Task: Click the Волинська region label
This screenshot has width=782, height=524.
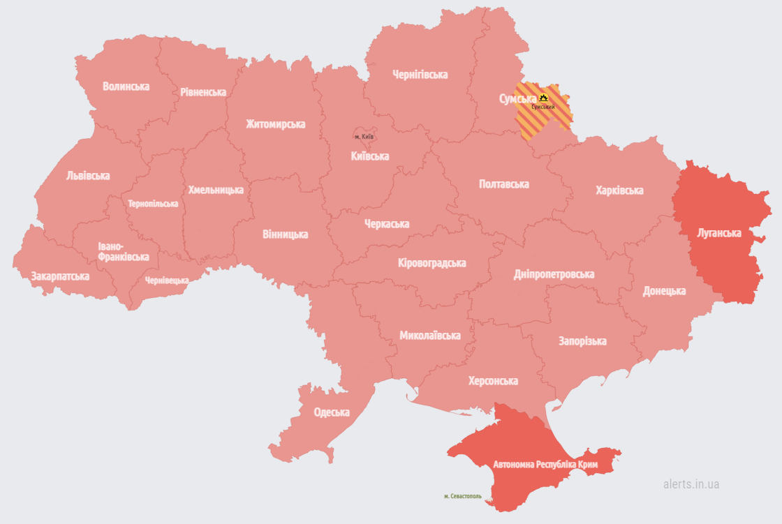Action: pyautogui.click(x=126, y=87)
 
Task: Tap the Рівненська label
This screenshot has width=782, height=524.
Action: pyautogui.click(x=203, y=92)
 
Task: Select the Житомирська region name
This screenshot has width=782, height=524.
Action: pyautogui.click(x=275, y=124)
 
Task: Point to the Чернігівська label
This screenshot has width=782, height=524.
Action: pyautogui.click(x=420, y=75)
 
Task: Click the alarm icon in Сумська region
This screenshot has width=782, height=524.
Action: pyautogui.click(x=544, y=98)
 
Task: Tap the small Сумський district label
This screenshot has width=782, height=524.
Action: pyautogui.click(x=543, y=107)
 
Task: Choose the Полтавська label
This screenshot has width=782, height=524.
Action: pyautogui.click(x=503, y=184)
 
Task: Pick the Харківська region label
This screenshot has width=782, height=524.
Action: pyautogui.click(x=619, y=190)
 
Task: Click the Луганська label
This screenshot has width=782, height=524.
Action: pyautogui.click(x=718, y=233)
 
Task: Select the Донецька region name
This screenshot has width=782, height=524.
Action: pyautogui.click(x=664, y=291)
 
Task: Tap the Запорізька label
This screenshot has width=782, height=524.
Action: pyautogui.click(x=582, y=341)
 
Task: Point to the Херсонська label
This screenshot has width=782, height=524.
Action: pyautogui.click(x=493, y=381)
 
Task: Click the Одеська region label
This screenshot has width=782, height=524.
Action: pyautogui.click(x=331, y=412)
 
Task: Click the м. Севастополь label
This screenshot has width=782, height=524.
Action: pyautogui.click(x=463, y=496)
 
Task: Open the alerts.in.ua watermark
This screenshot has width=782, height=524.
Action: pyautogui.click(x=691, y=484)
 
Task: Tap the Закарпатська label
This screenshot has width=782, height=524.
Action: pyautogui.click(x=60, y=276)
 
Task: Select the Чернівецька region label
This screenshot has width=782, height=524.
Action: pyautogui.click(x=167, y=280)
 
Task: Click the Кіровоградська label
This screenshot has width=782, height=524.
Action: pyautogui.click(x=431, y=263)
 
